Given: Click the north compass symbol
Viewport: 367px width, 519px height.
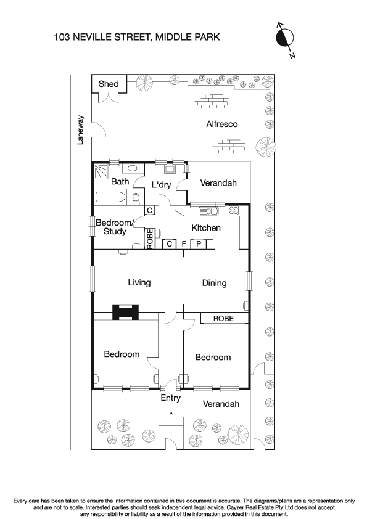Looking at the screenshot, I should tap(284, 39).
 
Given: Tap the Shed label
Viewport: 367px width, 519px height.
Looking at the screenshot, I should tap(108, 84).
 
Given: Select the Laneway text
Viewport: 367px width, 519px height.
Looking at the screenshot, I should tap(80, 131).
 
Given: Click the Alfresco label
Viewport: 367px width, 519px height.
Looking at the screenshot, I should tap(221, 125).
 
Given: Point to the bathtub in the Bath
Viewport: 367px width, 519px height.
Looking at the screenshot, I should tap(111, 197).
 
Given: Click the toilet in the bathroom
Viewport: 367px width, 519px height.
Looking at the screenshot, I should tap(136, 197).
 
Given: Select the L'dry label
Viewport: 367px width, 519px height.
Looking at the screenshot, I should tap(162, 185).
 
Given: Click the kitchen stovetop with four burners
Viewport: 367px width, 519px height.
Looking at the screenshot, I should tap(234, 211).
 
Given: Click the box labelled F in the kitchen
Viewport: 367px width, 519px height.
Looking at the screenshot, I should tap(184, 244).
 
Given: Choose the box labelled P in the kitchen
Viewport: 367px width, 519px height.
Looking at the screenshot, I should tap(199, 244).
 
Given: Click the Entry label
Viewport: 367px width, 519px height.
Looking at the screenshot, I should tap(171, 398).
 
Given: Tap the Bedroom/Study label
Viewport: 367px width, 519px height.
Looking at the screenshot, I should tap(115, 227).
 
